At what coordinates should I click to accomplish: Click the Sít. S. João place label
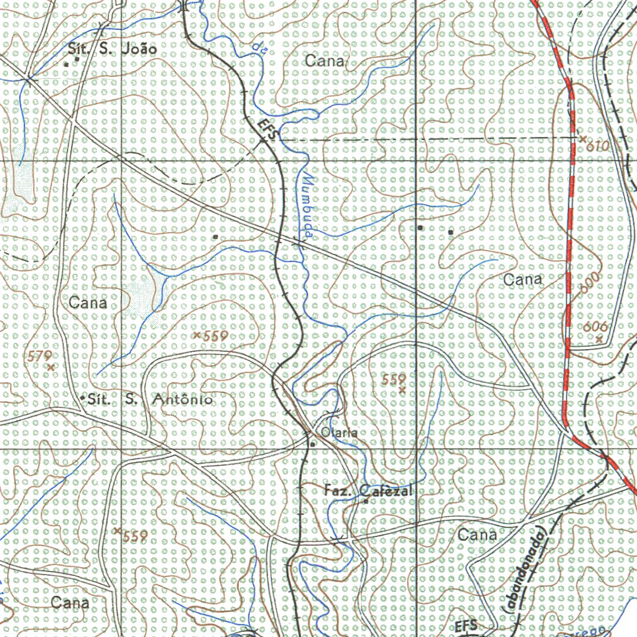click(111, 49)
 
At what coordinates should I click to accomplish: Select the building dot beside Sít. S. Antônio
click(83, 397)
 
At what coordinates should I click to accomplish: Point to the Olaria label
click(339, 432)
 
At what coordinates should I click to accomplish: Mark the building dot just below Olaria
click(312, 444)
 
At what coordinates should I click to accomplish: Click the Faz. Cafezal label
click(368, 491)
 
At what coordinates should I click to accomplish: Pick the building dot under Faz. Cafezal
click(366, 501)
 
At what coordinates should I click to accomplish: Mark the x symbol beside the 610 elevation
click(582, 140)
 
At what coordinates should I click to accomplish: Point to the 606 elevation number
click(595, 327)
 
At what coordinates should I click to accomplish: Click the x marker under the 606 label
click(598, 339)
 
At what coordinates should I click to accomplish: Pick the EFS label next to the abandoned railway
click(465, 625)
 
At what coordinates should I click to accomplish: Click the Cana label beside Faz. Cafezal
click(477, 534)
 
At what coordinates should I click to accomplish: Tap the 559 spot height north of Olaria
click(394, 379)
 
